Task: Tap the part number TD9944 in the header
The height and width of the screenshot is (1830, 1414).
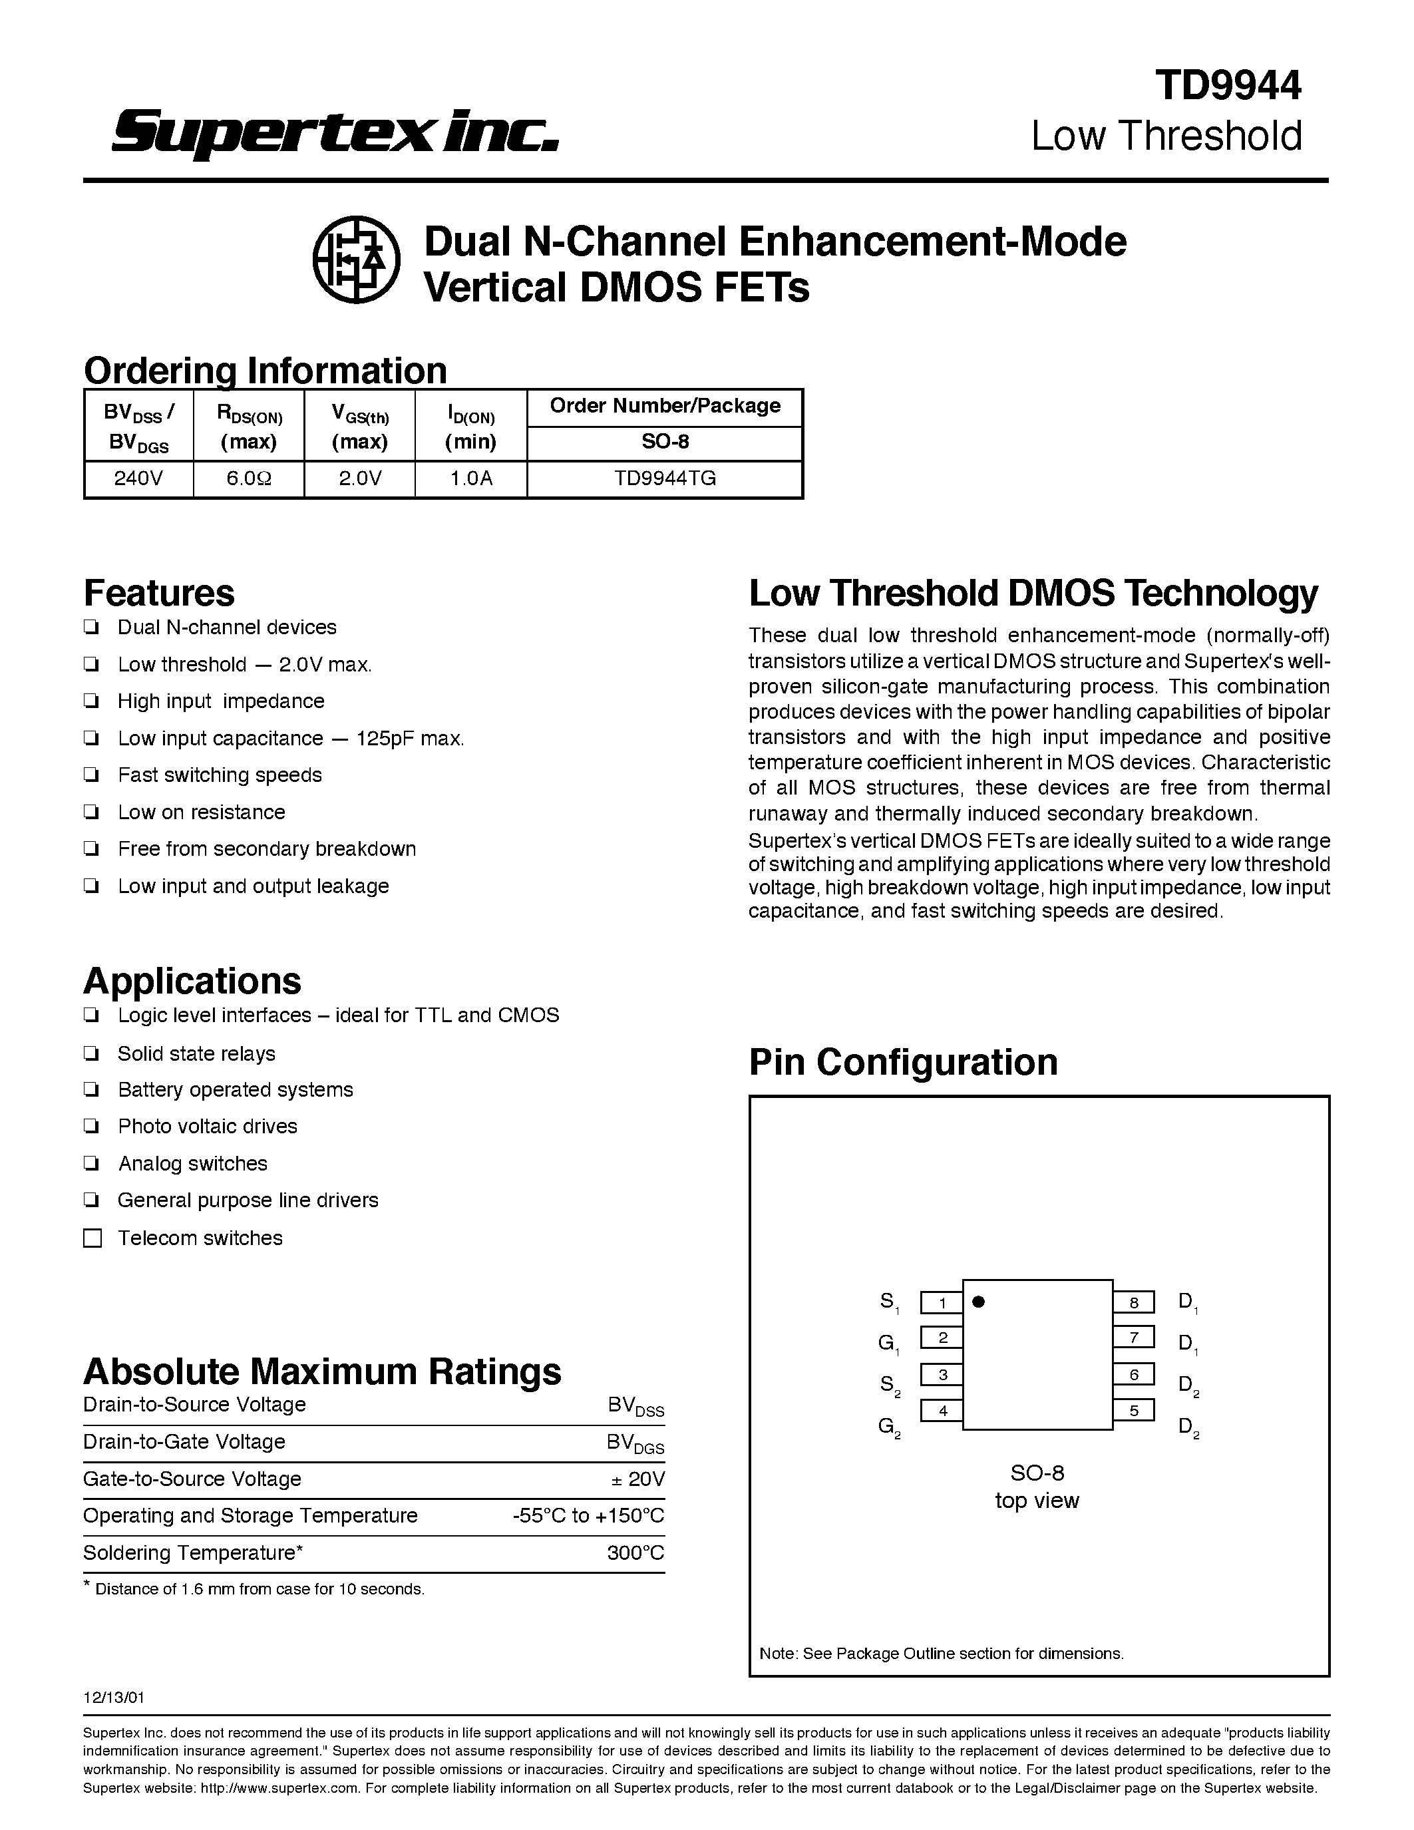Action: coord(1228,85)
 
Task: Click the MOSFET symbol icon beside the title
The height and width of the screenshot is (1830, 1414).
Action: coord(356,259)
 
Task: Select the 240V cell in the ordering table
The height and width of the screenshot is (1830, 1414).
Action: coord(139,478)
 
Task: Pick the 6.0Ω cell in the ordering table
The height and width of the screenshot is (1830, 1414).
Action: coord(249,478)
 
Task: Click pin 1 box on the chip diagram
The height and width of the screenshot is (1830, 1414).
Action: coord(942,1303)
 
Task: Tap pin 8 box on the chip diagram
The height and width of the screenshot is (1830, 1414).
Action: coord(1133,1303)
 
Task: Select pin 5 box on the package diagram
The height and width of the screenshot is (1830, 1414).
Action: coord(1133,1411)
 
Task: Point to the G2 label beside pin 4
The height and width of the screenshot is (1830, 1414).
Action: coord(889,1426)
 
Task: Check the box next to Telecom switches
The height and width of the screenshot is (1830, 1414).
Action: coord(93,1238)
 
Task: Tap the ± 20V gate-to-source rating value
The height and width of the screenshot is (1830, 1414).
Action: coord(638,1479)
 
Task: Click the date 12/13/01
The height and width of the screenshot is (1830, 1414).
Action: coord(114,1698)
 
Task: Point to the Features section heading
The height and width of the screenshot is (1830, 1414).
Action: coord(159,592)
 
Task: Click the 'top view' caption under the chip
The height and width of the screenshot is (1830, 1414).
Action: coord(1037,1501)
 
